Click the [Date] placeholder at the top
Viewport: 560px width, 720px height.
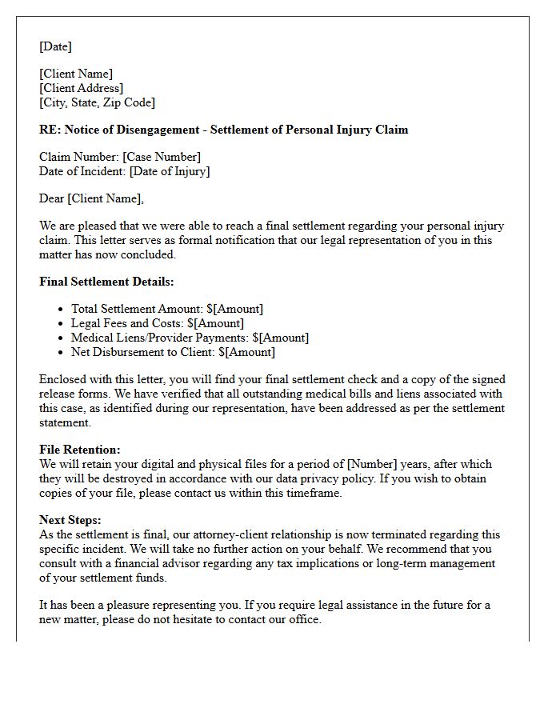tap(55, 46)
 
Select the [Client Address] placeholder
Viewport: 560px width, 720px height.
tap(82, 88)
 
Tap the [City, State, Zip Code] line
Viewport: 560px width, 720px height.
tap(97, 102)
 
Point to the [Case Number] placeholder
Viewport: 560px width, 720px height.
tap(162, 157)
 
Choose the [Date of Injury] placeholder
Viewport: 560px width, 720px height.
tap(170, 171)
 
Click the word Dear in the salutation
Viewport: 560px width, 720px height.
tap(51, 198)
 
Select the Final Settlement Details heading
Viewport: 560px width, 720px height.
tap(106, 282)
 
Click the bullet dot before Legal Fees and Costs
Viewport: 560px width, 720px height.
tap(61, 324)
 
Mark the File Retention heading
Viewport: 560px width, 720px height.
tap(80, 450)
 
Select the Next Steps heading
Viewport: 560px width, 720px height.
tap(70, 520)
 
